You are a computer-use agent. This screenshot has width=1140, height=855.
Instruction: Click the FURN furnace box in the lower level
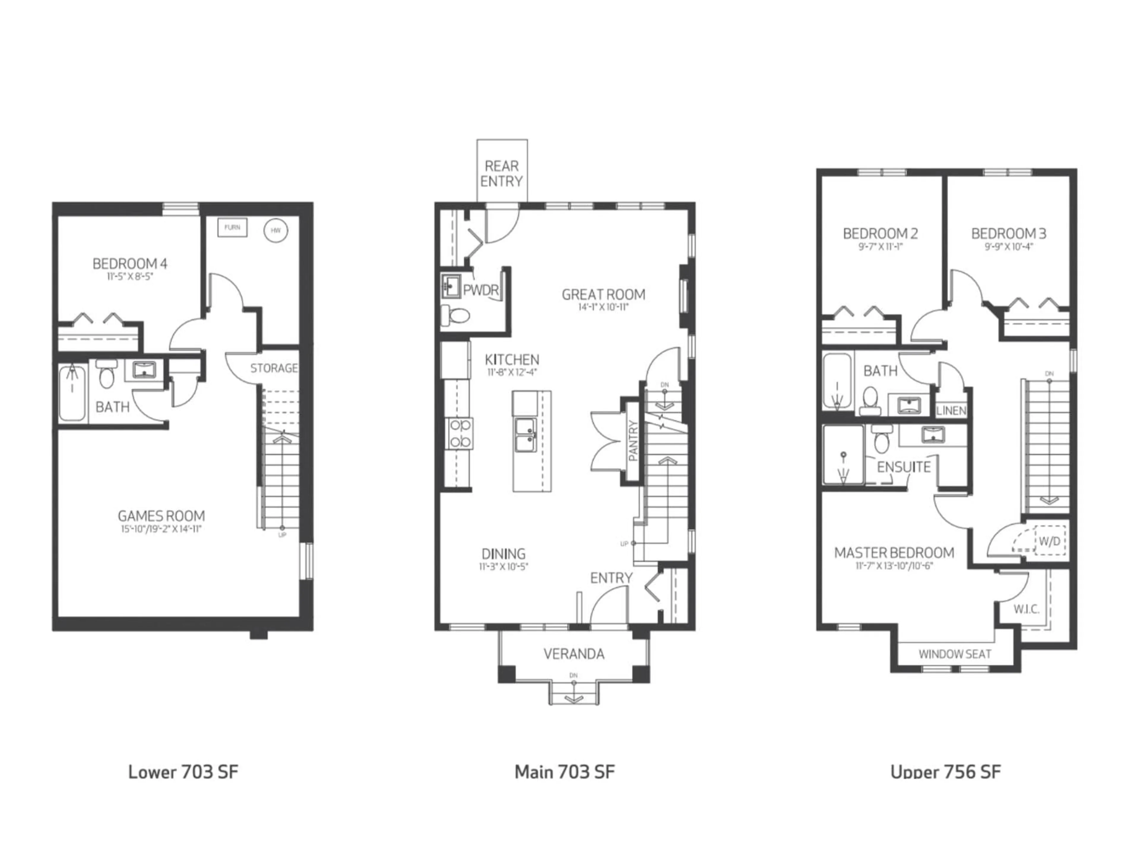point(232,227)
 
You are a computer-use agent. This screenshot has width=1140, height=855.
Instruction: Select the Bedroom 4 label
point(130,264)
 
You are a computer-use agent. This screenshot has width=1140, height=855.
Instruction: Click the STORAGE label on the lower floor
point(274,368)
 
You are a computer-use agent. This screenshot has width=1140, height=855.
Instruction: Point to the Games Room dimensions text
point(161,529)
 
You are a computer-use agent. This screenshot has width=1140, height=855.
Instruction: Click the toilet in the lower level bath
point(106,377)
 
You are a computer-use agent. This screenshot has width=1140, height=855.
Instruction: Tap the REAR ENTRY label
point(501,174)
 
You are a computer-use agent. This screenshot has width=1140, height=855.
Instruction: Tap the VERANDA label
point(574,654)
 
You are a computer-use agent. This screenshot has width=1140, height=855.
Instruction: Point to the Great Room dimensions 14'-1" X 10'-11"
point(603,308)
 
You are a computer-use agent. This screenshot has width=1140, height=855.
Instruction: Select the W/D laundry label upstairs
point(1049,542)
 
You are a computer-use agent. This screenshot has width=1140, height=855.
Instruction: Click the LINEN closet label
point(951,411)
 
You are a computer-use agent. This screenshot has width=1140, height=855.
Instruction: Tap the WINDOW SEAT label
point(954,655)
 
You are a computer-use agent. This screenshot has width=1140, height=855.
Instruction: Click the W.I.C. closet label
point(1026,609)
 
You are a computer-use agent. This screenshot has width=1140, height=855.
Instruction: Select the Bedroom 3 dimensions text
point(1008,246)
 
